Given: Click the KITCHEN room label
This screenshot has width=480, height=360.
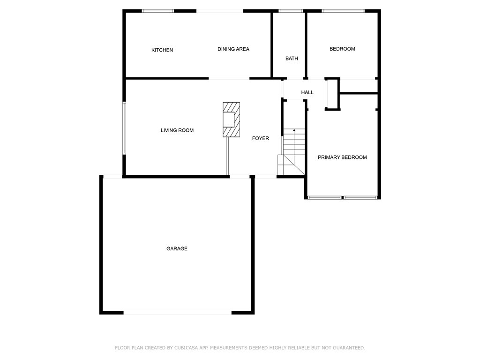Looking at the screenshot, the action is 162,50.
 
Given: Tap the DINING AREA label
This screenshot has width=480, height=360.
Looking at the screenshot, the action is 233,49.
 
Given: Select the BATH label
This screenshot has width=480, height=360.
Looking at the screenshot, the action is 292,59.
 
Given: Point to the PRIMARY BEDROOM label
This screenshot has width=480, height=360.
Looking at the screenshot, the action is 342,157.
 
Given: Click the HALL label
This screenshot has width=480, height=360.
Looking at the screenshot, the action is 307,92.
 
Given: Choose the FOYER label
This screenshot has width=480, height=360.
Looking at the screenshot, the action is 261,138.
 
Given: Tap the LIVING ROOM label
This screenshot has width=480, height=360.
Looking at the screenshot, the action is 177,130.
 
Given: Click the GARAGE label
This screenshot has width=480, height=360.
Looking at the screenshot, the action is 177,248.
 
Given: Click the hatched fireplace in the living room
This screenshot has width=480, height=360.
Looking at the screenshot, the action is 231,120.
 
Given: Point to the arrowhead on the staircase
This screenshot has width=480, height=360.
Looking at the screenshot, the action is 294,130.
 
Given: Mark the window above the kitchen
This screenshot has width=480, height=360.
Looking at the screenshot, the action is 157,11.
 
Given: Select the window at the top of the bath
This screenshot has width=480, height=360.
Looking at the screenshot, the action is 291,11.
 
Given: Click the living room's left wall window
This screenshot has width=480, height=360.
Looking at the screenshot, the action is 124,128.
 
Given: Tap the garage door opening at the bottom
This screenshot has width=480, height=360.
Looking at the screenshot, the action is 178,313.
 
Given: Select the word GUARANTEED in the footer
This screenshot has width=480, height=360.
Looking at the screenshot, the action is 349,348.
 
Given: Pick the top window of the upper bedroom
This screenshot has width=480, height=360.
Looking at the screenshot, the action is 343,11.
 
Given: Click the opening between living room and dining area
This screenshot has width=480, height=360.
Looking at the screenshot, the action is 229,79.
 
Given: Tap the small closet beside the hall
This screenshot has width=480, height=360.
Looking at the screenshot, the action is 332,94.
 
